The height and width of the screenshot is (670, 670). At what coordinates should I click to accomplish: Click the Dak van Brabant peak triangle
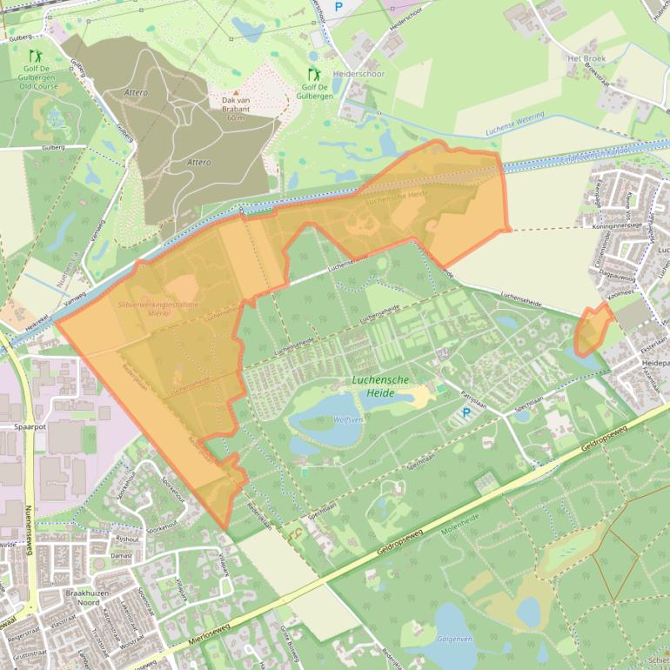235,91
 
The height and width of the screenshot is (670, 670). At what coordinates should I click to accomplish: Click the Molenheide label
462,527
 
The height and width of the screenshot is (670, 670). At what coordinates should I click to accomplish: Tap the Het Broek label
586,58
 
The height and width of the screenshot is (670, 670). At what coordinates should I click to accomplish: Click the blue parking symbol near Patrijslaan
466,413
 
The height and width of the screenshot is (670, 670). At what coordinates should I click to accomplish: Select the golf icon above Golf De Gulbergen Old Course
36,56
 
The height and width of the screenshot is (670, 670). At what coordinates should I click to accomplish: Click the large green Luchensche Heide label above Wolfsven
386,387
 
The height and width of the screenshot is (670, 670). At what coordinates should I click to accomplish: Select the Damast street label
121,553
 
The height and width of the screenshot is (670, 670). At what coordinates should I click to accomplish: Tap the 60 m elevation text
236,117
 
